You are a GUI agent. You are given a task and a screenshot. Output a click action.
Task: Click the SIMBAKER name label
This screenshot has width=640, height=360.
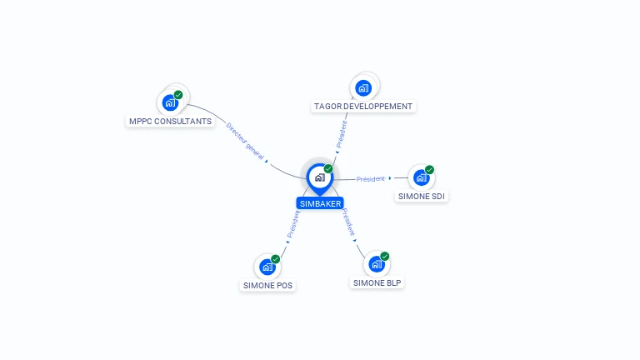320,203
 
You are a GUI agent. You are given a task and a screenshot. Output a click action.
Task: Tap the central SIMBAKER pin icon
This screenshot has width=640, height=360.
320,179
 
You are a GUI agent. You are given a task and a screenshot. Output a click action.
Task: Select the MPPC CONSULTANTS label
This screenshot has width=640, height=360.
170,121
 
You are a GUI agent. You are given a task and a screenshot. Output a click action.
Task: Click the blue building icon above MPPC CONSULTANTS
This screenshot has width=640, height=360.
170,102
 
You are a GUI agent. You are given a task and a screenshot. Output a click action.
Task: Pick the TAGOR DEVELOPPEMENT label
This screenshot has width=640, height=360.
363,106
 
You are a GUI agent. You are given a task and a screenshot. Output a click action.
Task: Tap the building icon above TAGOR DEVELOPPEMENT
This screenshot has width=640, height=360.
363,87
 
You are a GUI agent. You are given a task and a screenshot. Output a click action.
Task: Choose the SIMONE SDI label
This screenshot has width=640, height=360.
421,197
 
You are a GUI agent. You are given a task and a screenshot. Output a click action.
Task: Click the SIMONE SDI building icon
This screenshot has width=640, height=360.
421,178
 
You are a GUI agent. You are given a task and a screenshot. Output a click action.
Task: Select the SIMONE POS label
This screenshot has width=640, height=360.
267,285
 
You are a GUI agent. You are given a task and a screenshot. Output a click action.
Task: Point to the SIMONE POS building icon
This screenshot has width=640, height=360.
267,267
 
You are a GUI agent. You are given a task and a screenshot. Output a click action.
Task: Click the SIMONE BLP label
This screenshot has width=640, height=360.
377,282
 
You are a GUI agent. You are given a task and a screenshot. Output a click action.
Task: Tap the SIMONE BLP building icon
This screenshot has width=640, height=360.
377,264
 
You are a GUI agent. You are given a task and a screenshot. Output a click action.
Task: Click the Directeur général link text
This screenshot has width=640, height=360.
245,141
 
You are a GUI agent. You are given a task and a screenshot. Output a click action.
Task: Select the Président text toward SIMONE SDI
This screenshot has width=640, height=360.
371,179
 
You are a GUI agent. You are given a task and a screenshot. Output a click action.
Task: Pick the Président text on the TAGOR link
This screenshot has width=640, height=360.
341,134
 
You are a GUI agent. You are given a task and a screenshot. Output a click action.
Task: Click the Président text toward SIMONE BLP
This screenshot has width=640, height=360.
348,222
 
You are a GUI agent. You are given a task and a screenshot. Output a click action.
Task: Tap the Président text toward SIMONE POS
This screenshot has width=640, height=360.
293,224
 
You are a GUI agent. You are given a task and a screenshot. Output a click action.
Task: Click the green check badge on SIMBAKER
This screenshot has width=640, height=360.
328,168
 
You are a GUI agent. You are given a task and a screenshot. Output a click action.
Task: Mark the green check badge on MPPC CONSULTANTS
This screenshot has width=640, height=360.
178,95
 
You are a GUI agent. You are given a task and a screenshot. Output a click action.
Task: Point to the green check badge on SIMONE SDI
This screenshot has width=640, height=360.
429,169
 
